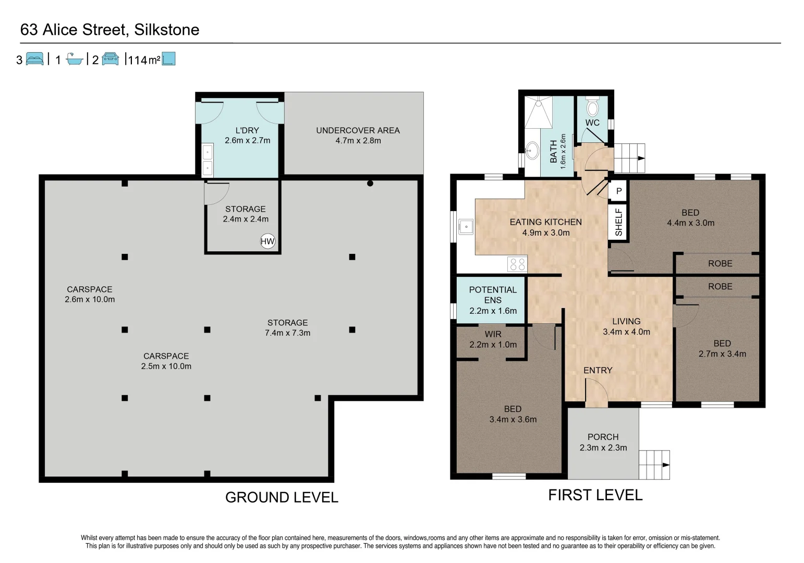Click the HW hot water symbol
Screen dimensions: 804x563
(267, 241)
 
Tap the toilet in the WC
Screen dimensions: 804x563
(592, 106)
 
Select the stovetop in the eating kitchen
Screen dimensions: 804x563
(517, 264)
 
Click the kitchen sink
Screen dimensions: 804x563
(466, 227)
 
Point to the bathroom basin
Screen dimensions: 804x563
(532, 150)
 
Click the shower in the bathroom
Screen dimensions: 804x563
(539, 112)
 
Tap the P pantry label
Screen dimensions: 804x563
(619, 191)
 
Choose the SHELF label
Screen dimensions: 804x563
(618, 222)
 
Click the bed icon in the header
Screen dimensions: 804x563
(34, 58)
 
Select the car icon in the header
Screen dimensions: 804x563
(110, 58)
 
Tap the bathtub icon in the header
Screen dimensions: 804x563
(75, 59)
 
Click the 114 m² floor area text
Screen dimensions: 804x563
(144, 60)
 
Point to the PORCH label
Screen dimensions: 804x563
(603, 437)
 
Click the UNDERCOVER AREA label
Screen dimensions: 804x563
(358, 130)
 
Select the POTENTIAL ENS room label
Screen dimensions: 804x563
(493, 295)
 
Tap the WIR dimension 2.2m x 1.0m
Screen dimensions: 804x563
(493, 345)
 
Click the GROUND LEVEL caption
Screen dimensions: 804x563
(282, 497)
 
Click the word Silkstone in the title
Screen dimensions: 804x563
(166, 29)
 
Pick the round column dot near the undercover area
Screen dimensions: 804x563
(370, 183)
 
